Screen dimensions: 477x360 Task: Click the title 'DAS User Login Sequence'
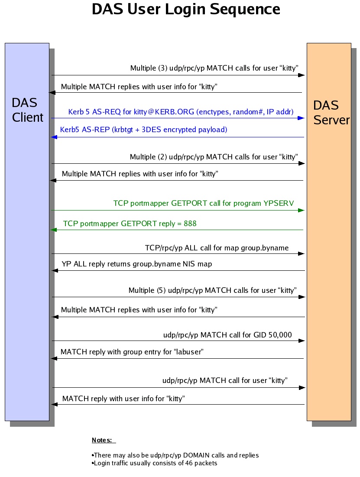[x=186, y=10]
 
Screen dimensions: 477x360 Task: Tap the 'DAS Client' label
[x=27, y=110]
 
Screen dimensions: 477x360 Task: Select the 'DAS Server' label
[x=331, y=113]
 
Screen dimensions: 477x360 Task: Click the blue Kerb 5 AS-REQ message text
[x=181, y=112]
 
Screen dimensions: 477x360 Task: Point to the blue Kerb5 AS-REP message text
[x=143, y=130]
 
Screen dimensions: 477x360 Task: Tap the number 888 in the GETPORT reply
[x=189, y=224]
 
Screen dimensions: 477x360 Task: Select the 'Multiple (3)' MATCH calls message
[x=214, y=68]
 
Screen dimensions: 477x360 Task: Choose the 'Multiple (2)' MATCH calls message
[x=214, y=157]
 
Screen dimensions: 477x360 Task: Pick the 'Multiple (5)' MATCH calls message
[x=212, y=290]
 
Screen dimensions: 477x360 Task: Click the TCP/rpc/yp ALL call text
[x=217, y=248]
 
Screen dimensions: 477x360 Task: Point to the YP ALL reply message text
[x=136, y=264]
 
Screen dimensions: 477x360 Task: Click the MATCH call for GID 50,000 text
[x=227, y=335]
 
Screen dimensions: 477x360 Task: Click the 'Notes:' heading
[x=102, y=440]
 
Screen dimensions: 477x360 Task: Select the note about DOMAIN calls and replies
[x=175, y=455]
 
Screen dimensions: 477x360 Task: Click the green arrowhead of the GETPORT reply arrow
[x=54, y=230]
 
